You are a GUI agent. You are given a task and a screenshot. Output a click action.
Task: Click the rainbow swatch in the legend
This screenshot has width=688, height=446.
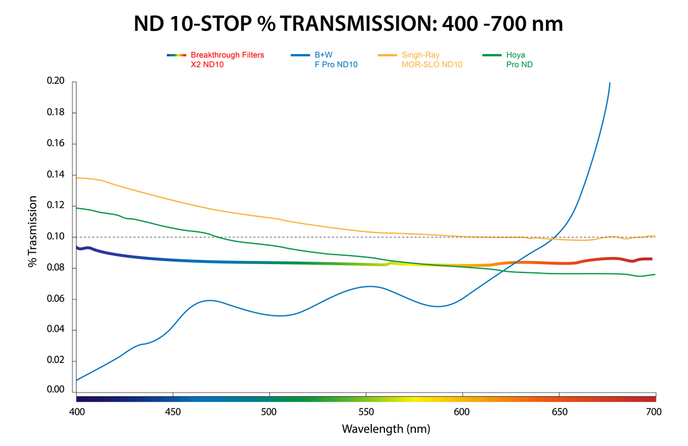(176, 55)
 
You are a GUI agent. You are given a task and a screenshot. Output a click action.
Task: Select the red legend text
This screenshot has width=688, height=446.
(227, 60)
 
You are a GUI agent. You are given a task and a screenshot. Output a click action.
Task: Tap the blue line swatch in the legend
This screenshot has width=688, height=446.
(300, 55)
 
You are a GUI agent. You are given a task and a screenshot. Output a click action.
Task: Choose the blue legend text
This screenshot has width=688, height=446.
(336, 60)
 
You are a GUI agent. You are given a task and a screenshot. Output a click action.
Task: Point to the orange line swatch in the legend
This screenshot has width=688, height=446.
(387, 55)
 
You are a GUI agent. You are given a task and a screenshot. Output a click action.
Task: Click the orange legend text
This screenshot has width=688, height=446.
(432, 60)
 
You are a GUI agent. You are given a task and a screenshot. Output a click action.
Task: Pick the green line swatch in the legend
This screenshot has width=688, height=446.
(491, 55)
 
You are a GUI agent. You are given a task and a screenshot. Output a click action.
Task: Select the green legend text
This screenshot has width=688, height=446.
(519, 60)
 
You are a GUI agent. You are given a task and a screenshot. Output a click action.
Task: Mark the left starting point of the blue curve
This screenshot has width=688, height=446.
(78, 378)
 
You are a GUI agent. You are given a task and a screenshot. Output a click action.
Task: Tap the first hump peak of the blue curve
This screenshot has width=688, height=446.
(209, 300)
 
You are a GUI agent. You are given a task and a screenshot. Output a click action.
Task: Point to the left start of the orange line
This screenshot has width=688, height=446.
(79, 177)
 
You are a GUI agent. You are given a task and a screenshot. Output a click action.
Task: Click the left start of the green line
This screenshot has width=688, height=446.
(79, 208)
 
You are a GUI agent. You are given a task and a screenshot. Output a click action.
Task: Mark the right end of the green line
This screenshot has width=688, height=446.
(655, 274)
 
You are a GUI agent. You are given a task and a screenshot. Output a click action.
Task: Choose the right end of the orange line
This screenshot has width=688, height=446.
(655, 235)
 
